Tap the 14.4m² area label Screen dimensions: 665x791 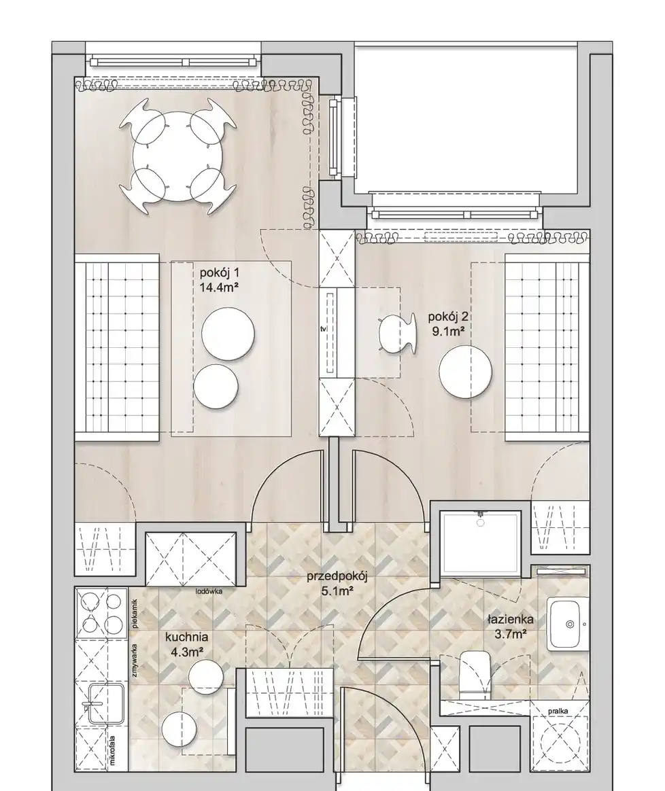[219, 288]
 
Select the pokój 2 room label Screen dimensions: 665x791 [448, 317]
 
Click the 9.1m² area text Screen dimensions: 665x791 [447, 331]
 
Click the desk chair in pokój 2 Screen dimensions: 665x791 [398, 334]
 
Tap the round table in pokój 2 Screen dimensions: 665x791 [465, 371]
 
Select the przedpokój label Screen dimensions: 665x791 [337, 577]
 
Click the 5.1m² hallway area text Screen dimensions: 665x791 [337, 591]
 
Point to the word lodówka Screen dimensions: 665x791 [209, 591]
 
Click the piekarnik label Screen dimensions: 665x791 [135, 614]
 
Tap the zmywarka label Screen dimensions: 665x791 [135, 661]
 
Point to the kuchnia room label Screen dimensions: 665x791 [187, 637]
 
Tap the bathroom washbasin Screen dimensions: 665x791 [568, 624]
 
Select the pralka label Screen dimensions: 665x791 [558, 711]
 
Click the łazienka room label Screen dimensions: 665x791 [511, 620]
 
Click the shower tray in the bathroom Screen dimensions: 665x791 [480, 543]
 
